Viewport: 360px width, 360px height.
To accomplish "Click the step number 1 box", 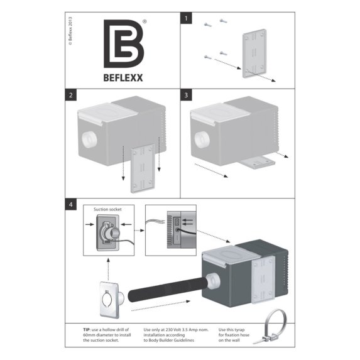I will pos(186,19).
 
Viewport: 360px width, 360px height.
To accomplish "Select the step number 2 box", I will pos(73,97).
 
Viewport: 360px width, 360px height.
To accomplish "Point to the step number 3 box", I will pos(186,97).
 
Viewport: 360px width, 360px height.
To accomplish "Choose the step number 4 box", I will pos(73,205).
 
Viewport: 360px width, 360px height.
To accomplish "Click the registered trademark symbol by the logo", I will pos(145,21).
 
